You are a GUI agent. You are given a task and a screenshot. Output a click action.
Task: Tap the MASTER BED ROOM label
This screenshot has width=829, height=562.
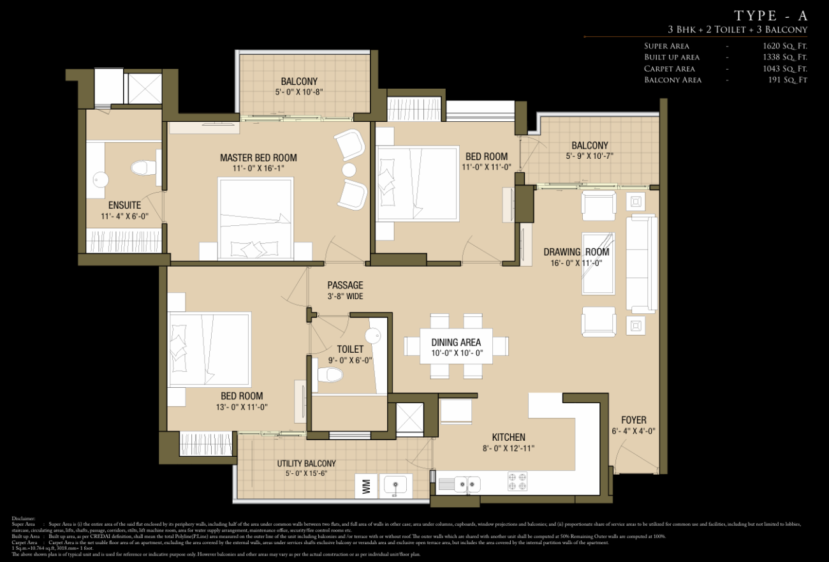(x=258, y=158)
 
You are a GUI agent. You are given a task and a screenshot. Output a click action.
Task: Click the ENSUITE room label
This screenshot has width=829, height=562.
(x=124, y=205)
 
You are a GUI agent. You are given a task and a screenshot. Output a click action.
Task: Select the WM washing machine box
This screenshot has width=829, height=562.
(x=366, y=486)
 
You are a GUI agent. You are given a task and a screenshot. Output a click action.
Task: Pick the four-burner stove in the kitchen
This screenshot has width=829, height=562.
(x=517, y=482)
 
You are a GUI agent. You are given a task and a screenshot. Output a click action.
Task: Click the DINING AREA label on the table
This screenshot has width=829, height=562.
(x=456, y=343)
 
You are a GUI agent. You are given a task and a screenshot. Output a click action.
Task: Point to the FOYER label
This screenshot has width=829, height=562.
(x=633, y=420)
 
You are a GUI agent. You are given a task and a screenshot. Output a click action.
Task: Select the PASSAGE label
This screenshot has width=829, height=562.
(x=345, y=285)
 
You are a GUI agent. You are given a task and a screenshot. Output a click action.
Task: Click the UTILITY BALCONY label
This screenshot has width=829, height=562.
(x=306, y=463)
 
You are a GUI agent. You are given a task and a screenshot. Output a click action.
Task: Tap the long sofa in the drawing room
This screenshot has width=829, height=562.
(x=641, y=263)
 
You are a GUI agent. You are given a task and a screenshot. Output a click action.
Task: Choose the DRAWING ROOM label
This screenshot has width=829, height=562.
(x=576, y=252)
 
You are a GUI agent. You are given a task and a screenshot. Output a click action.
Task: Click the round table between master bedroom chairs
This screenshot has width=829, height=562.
(x=349, y=170)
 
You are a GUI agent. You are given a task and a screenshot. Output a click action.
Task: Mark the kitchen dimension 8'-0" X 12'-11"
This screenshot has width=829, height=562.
(x=508, y=448)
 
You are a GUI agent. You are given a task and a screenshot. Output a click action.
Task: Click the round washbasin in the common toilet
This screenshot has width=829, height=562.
(x=372, y=335)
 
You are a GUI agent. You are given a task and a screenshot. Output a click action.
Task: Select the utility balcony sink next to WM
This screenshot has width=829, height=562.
(x=396, y=486)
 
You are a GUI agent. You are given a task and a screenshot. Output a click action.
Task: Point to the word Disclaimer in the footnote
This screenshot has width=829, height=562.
(x=24, y=518)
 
